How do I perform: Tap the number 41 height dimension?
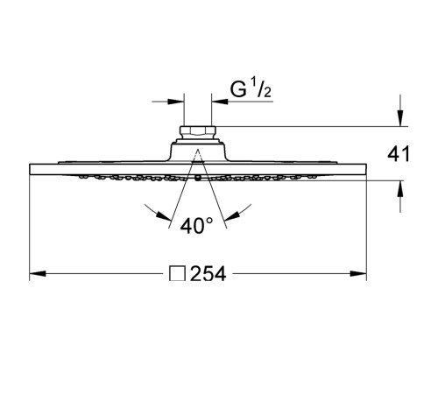(399, 155)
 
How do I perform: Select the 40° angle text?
(198, 225)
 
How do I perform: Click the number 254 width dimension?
(208, 275)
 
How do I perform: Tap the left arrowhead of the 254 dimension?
(36, 275)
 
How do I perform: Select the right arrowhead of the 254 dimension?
(361, 275)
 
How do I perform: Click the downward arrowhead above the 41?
(400, 121)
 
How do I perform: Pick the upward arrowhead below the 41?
(400, 187)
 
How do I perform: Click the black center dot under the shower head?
(199, 179)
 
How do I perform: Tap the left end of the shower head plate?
(32, 170)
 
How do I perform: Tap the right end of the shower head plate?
(364, 170)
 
